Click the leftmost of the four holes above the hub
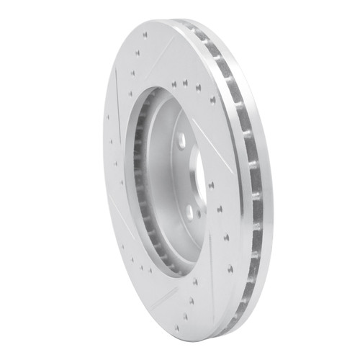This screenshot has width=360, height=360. coord(174,84)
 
